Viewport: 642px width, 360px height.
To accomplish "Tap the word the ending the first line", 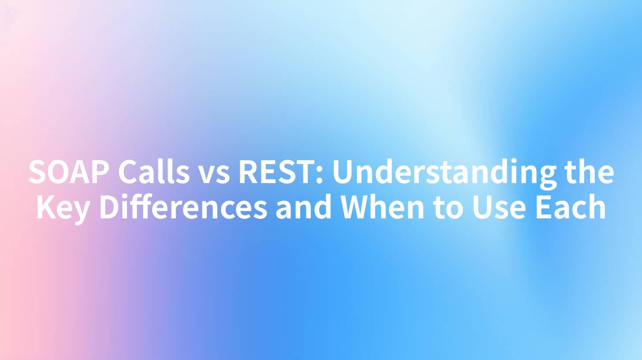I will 590,172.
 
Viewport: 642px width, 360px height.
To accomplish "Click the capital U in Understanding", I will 343,172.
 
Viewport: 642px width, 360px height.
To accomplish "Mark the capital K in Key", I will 45,207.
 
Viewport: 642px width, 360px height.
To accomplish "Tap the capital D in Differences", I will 111,207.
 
